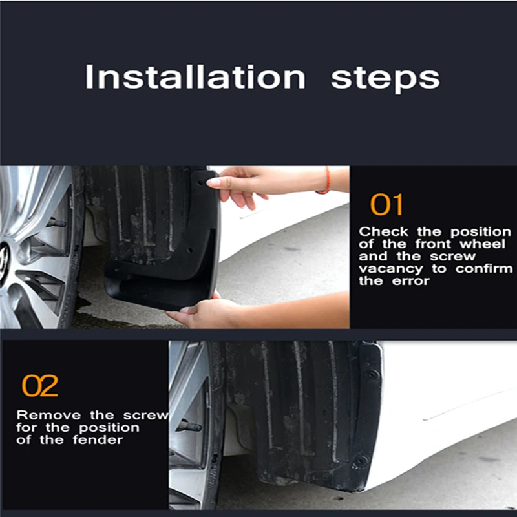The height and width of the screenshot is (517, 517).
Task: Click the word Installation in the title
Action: click(x=195, y=77)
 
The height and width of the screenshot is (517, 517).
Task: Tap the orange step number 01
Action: click(x=386, y=204)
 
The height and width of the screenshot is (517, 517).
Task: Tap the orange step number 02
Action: click(x=40, y=385)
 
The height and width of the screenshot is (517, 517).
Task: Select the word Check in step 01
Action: click(x=383, y=232)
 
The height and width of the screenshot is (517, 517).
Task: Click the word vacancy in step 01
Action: click(x=391, y=269)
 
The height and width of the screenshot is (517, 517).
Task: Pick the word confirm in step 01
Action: click(x=484, y=269)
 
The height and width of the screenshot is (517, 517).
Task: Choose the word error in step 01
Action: click(x=411, y=281)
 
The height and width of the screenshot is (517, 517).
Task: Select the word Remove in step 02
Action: click(x=48, y=415)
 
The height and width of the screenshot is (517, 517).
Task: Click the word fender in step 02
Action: click(x=98, y=440)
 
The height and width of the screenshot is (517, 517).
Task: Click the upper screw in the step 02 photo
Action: click(x=372, y=374)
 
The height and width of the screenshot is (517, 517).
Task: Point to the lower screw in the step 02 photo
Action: click(x=361, y=460)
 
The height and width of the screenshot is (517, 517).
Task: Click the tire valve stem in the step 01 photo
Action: click(x=56, y=223)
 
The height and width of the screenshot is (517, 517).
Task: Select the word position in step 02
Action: click(x=109, y=428)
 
